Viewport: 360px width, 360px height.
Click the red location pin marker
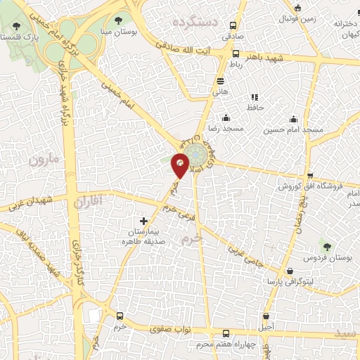pyautogui.click(x=180, y=163)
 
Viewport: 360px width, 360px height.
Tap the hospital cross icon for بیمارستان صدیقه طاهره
pyautogui.click(x=144, y=221)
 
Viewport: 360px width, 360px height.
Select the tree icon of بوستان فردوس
pyautogui.click(x=326, y=245)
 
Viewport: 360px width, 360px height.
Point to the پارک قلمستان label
pyautogui.click(x=20, y=36)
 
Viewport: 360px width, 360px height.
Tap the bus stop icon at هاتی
pyautogui.click(x=220, y=81)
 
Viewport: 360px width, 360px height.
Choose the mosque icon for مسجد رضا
pyautogui.click(x=226, y=118)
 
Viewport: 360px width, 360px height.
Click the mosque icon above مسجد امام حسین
pyautogui.click(x=294, y=118)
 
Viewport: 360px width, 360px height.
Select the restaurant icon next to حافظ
pyautogui.click(x=255, y=97)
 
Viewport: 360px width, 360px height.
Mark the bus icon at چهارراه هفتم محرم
pyautogui.click(x=225, y=334)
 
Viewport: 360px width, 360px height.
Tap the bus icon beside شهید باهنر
pyautogui.click(x=234, y=53)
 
